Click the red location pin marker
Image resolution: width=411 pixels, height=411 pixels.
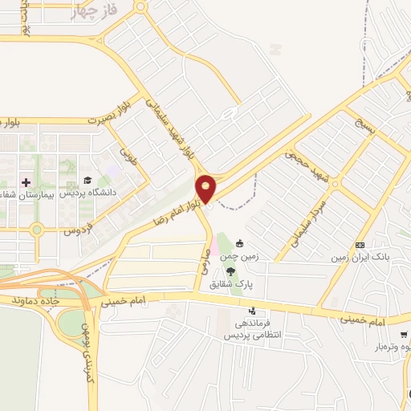[x=206, y=189]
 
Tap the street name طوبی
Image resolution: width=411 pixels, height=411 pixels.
[x=129, y=153]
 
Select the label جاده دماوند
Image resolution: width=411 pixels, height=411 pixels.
[x=35, y=299]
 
